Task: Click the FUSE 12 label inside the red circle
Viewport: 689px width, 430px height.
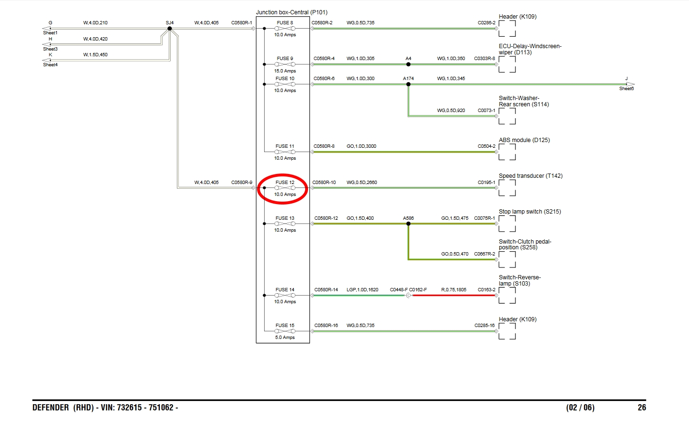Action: (x=285, y=182)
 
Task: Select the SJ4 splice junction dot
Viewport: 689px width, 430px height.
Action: (x=169, y=29)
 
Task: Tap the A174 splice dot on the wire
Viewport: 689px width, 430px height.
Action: (x=408, y=84)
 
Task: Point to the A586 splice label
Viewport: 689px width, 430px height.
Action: (x=408, y=218)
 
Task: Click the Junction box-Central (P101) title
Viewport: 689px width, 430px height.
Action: (x=291, y=12)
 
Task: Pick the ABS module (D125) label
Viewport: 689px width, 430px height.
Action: (x=524, y=140)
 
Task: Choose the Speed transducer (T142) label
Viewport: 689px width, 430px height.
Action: (x=530, y=176)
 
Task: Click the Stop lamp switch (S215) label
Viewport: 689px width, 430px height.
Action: (x=530, y=212)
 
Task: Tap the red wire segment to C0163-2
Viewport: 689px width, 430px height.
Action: (x=453, y=296)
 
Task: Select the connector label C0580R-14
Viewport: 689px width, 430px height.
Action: (x=326, y=290)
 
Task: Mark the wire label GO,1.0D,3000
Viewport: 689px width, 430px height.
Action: (x=361, y=146)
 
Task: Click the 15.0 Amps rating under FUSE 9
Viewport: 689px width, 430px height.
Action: (x=285, y=71)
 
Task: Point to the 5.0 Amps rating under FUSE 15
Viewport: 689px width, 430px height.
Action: (x=285, y=338)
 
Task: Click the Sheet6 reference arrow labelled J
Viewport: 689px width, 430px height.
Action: (x=629, y=84)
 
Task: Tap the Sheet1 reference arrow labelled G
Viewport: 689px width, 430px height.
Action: (x=47, y=29)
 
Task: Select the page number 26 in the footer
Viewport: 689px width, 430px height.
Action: (x=642, y=408)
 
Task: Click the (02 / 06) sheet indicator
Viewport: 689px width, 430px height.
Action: (x=580, y=408)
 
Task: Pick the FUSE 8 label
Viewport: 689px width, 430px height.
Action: (x=285, y=23)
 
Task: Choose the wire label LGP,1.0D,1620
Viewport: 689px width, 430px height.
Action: (x=362, y=290)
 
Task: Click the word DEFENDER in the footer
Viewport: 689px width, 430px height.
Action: (x=51, y=408)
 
